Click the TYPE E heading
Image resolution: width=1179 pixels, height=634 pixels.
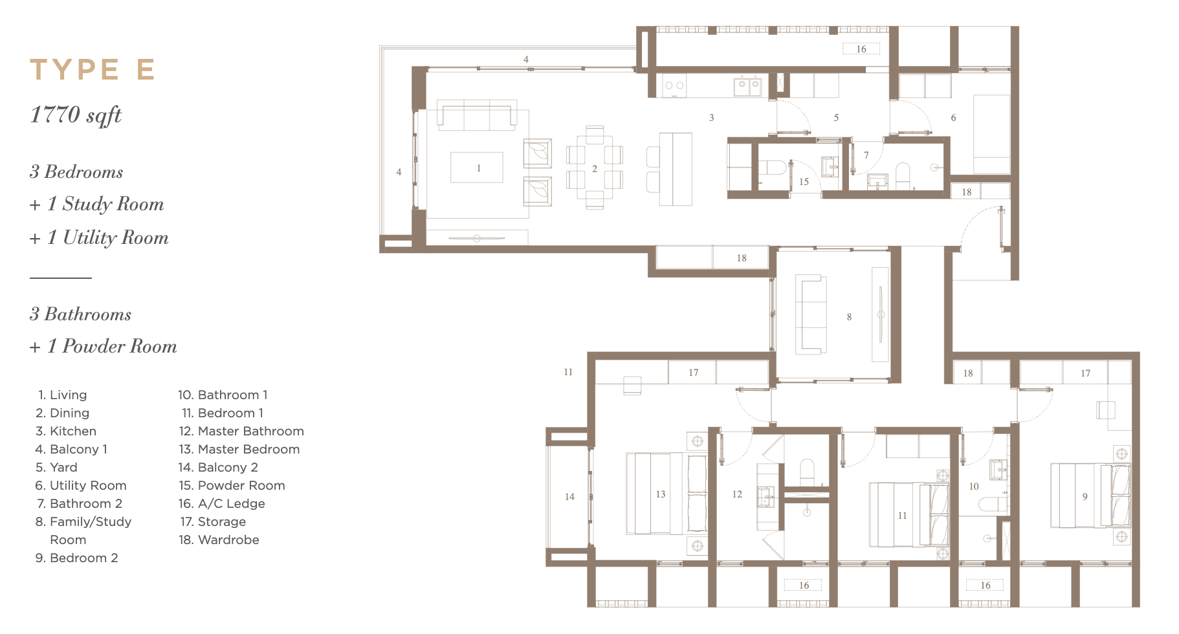(93, 70)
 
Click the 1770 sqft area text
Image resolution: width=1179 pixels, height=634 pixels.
(76, 115)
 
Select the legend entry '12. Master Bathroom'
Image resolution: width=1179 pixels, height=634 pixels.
(241, 431)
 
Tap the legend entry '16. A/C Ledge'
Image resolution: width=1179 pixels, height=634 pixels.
(222, 503)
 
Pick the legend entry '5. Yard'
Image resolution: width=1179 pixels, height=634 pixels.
(56, 467)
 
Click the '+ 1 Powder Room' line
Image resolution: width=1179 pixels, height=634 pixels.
(104, 346)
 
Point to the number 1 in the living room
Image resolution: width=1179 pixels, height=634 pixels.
(479, 168)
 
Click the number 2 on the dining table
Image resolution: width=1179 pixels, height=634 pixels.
(595, 169)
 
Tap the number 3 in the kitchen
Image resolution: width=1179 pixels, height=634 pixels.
(712, 118)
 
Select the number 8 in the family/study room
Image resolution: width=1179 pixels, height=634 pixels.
(849, 317)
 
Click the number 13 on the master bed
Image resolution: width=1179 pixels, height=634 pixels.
(661, 494)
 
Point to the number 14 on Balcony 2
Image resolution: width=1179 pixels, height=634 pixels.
(569, 497)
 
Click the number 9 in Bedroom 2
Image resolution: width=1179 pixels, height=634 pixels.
(1085, 497)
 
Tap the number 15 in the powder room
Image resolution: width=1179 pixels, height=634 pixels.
(804, 182)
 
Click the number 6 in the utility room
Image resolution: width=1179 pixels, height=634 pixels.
(953, 118)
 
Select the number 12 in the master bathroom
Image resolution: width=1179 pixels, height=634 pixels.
(737, 494)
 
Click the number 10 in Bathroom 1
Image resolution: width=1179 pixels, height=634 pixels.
(974, 486)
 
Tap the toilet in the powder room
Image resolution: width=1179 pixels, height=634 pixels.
(772, 168)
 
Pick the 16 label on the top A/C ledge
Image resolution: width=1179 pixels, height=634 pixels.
(861, 49)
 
